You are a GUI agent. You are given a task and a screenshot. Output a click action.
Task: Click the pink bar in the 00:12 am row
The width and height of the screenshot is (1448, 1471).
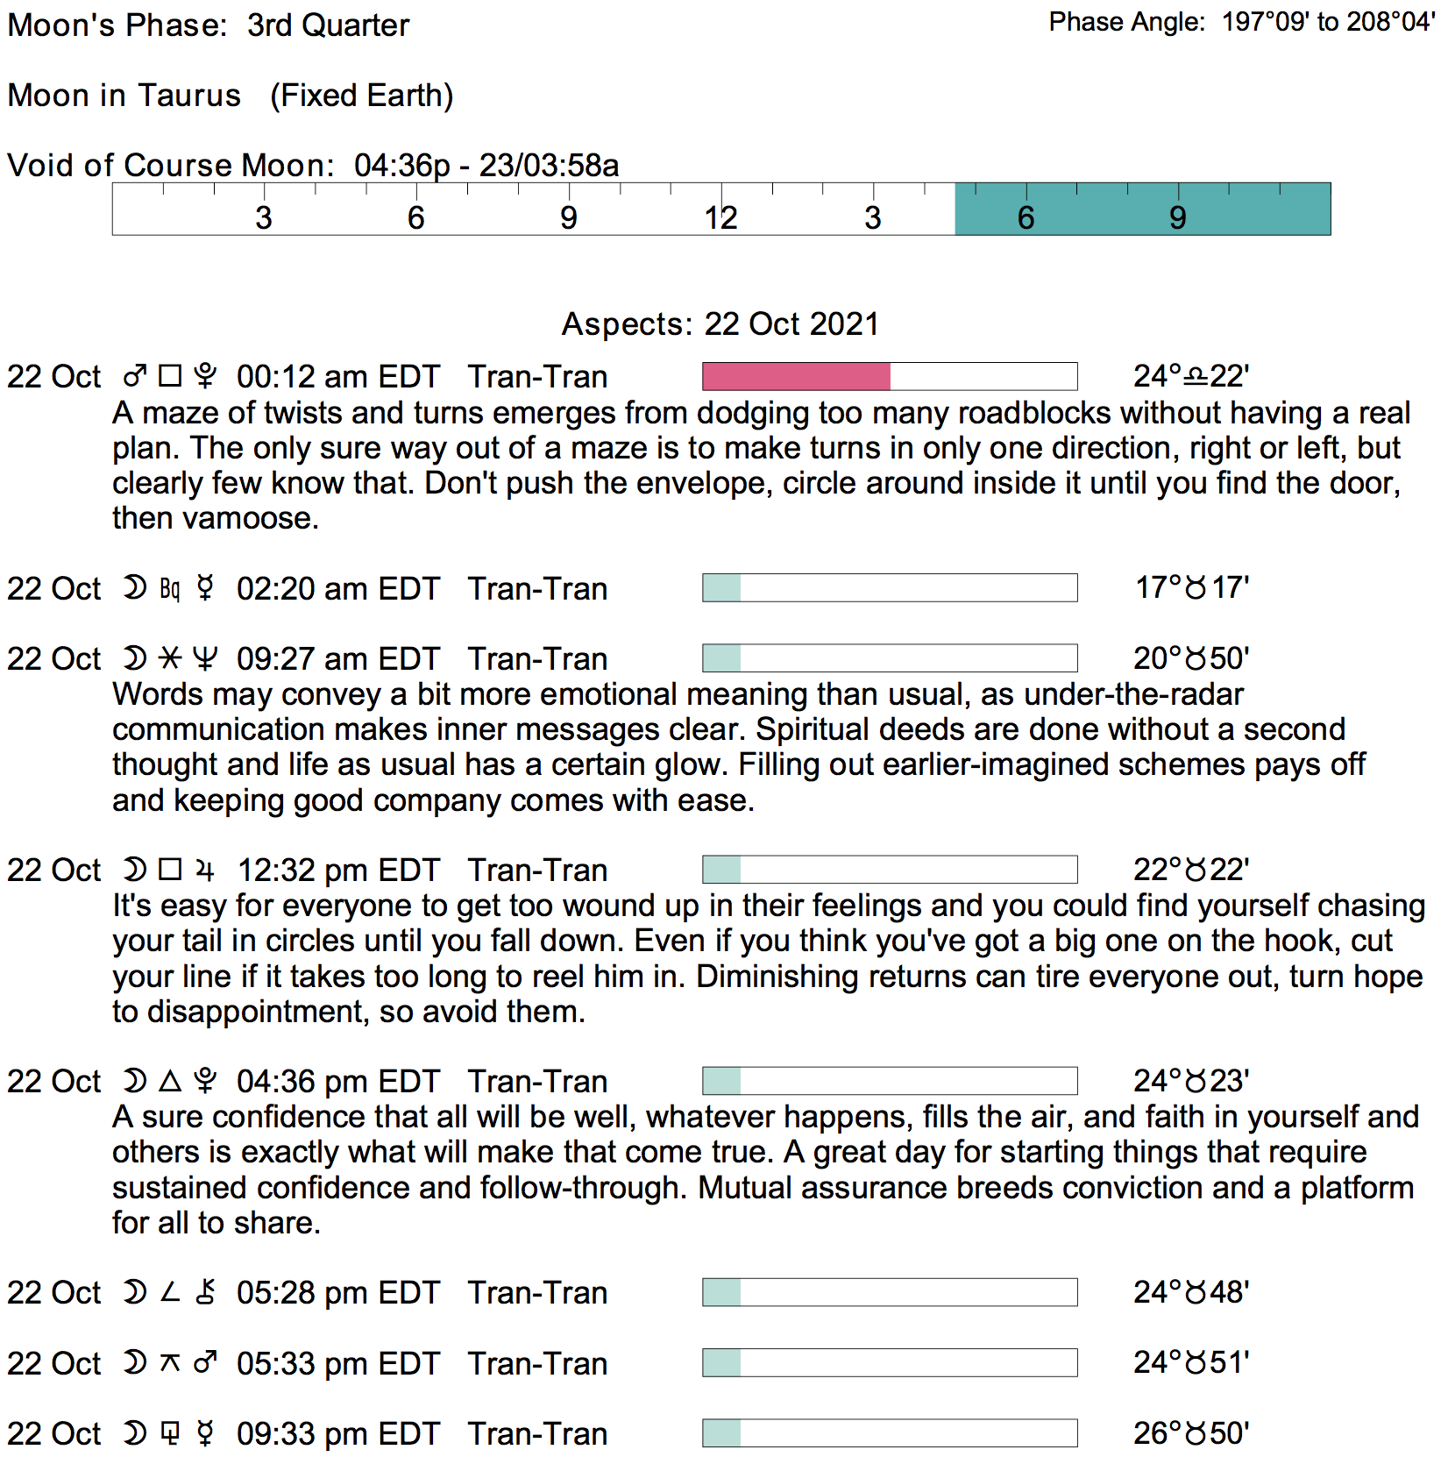coord(796,376)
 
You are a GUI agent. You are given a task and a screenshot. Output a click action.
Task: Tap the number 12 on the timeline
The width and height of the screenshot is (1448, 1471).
coord(720,217)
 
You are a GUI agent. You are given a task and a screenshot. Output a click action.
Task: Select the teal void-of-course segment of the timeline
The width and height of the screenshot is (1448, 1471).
coord(1142,210)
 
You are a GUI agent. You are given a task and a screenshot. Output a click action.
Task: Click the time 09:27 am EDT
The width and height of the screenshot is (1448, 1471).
coord(337,659)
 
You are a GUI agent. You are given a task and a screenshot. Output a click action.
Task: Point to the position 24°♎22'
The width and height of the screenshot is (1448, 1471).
coord(1190,377)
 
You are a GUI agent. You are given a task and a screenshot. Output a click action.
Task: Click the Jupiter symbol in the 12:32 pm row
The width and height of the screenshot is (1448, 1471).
coord(205,871)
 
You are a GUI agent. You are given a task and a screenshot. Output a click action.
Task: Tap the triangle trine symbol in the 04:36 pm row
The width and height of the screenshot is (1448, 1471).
coord(170,1081)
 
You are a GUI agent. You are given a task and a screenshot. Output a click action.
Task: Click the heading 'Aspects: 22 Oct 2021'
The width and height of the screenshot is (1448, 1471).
coord(720,324)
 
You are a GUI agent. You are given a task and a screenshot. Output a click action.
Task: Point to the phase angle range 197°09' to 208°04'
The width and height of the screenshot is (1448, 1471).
coord(1328,22)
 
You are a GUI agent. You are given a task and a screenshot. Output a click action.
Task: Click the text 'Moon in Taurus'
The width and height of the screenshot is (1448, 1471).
coord(124,96)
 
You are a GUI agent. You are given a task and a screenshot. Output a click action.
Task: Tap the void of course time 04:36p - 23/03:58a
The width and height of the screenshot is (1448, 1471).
coord(486,166)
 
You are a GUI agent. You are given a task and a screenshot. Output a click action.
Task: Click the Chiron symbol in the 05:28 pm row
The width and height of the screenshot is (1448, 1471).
coord(205,1293)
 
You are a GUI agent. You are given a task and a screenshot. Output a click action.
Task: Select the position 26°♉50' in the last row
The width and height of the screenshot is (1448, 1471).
coord(1190,1434)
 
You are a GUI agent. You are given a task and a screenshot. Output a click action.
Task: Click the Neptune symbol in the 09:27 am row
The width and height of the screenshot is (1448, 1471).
coord(205,659)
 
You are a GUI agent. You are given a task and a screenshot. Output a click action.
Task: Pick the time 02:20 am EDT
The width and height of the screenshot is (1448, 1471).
coord(337,589)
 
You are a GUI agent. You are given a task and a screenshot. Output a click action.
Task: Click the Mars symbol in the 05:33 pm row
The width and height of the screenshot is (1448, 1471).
coord(205,1363)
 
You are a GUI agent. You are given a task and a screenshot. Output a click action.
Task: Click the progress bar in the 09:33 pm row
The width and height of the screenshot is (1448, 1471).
coord(890,1434)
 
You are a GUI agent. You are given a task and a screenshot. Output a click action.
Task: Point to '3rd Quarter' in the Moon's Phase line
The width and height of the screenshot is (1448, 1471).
coord(328,25)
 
